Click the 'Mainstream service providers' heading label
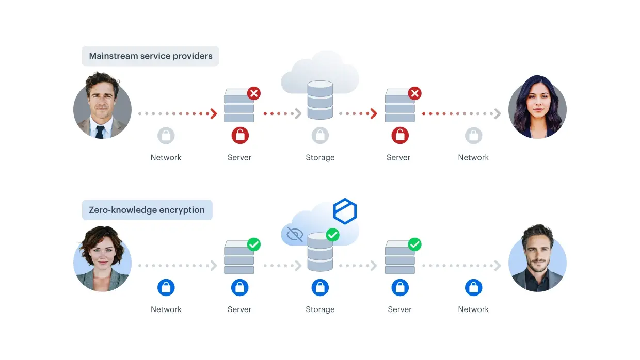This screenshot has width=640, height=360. coord(151,56)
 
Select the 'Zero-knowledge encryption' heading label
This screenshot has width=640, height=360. coord(147,210)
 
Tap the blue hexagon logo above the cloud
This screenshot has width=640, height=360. coord(345,211)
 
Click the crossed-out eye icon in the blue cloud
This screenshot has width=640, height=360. coord(295,234)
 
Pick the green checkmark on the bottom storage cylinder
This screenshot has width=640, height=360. coord(332,235)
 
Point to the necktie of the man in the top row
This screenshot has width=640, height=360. coord(100,132)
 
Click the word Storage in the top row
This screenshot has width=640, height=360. coord(320,157)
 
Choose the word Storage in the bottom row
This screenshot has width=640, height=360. coord(320,309)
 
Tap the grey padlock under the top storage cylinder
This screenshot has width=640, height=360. coord(320,135)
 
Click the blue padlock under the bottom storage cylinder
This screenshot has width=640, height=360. coord(320,287)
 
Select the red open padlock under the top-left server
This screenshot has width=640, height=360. coord(240,135)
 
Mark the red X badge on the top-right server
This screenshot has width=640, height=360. coord(414,93)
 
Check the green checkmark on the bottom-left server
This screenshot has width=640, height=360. coord(254,244)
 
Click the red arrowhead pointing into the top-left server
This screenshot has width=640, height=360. coord(214,113)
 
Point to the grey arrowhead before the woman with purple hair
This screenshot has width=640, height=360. coord(498,113)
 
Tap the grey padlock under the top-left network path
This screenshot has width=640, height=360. coord(166,135)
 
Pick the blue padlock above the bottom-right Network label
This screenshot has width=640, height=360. coord(473,287)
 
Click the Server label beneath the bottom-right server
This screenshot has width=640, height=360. coord(399,309)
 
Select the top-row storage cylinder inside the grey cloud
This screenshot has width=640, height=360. coord(320,100)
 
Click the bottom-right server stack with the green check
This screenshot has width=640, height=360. coord(399,257)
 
